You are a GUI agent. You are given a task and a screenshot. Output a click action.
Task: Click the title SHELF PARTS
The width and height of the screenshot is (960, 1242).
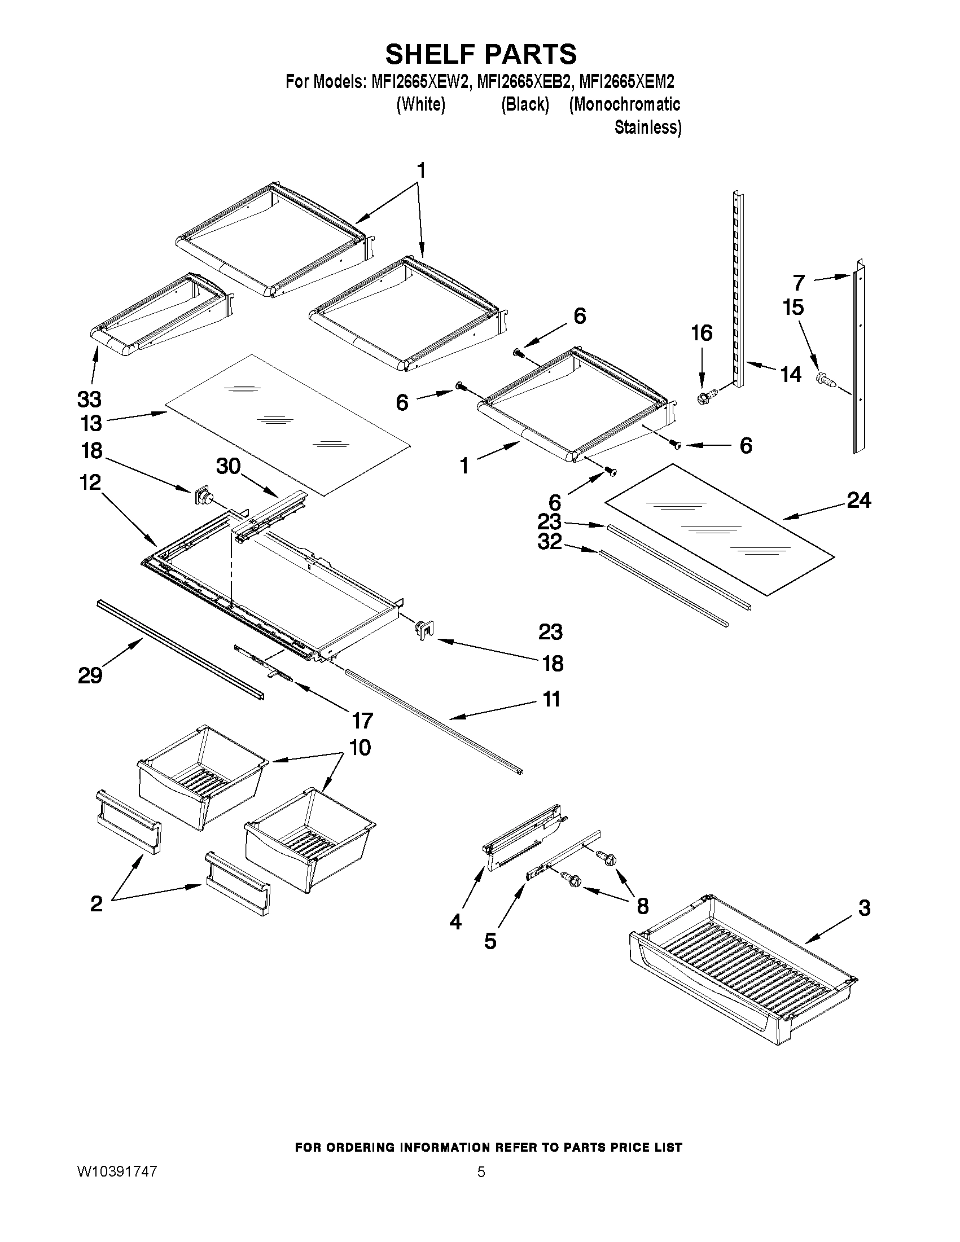(x=481, y=55)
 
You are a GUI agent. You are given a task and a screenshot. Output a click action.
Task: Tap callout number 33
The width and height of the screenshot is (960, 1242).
(x=89, y=400)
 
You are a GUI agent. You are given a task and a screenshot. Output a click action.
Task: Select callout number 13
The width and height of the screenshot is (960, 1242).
(x=91, y=423)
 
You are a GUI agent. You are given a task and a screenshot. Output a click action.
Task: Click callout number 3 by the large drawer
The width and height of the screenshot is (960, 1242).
(x=864, y=907)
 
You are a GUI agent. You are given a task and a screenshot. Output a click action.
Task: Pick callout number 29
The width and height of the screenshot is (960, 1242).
(x=90, y=675)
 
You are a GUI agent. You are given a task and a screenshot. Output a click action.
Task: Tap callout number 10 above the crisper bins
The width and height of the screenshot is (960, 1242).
(x=360, y=747)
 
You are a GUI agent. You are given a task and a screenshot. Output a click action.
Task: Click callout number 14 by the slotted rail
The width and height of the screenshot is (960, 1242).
(x=791, y=374)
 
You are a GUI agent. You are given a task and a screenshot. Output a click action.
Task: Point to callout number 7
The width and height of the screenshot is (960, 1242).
(x=799, y=283)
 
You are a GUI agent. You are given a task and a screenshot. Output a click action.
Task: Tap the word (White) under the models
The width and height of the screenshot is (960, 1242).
(x=420, y=104)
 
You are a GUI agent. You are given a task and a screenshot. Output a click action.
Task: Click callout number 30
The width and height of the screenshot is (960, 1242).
(x=229, y=466)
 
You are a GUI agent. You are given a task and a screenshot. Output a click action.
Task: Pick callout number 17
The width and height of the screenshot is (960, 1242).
(x=362, y=721)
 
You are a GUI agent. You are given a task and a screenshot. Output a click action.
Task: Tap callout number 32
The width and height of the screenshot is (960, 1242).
(x=549, y=541)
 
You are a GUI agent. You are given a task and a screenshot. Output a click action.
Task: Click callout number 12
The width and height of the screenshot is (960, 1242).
(x=90, y=483)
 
